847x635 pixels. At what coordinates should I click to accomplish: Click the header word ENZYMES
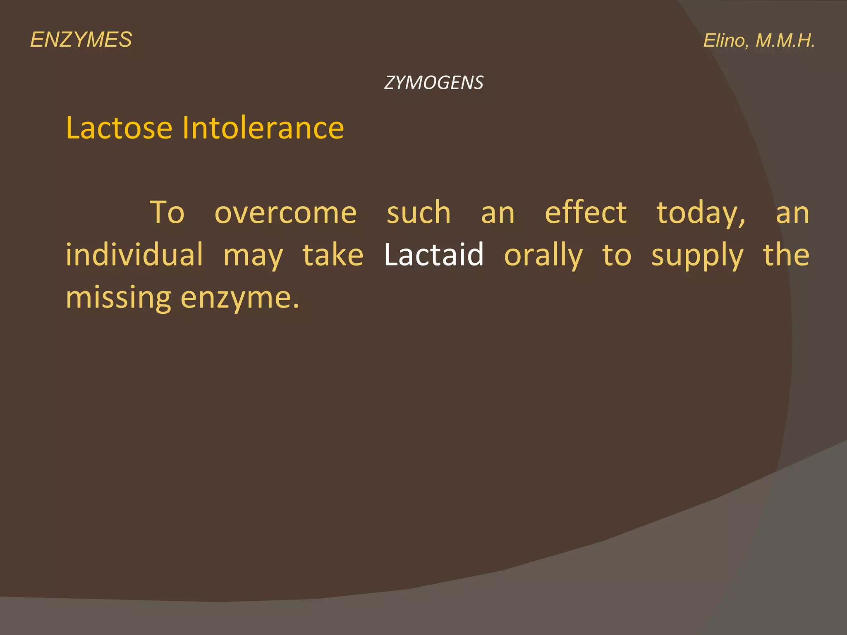(x=81, y=40)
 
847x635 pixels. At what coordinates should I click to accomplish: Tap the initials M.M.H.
(x=785, y=41)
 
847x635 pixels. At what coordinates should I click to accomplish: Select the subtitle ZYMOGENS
(x=433, y=83)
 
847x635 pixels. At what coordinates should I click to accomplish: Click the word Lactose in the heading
(x=119, y=128)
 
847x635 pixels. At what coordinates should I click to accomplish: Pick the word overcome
(x=285, y=213)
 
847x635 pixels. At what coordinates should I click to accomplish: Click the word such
(x=419, y=213)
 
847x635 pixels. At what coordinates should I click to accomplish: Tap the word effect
(x=586, y=213)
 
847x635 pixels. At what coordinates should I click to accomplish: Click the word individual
(x=134, y=255)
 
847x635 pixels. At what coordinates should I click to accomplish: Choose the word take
(x=333, y=255)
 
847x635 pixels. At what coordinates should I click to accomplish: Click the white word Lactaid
(x=434, y=255)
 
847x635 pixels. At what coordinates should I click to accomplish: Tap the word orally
(x=543, y=255)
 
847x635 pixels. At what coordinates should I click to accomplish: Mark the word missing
(x=118, y=298)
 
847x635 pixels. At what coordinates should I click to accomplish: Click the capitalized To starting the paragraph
(x=167, y=213)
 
